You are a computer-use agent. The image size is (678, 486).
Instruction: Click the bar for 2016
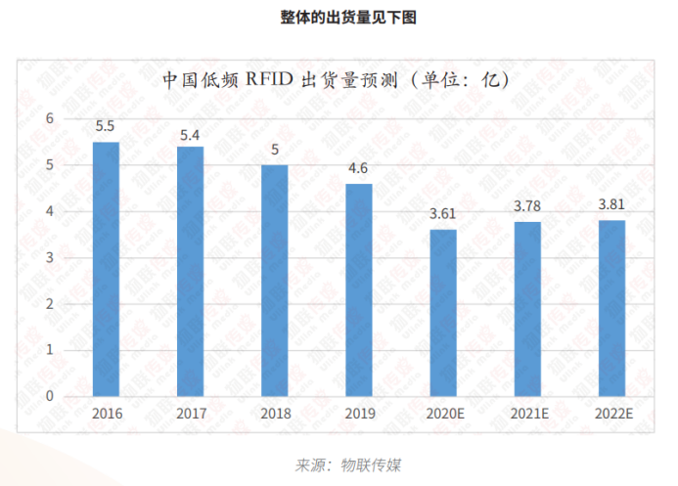tap(106, 270)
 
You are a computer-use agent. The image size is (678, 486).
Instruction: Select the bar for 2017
tap(190, 272)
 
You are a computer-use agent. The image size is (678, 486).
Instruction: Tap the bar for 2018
tap(274, 282)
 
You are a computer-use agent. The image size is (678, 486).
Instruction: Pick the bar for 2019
tap(359, 290)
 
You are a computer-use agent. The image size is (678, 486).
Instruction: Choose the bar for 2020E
tap(443, 313)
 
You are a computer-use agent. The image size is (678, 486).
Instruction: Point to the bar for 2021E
tap(527, 309)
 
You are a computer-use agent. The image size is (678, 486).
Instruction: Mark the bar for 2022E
tap(611, 309)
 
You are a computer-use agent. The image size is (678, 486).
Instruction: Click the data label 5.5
tap(106, 127)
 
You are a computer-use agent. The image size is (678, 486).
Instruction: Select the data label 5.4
tap(190, 132)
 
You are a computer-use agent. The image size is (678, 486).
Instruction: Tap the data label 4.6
tap(359, 168)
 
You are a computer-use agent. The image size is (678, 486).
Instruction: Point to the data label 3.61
tap(443, 213)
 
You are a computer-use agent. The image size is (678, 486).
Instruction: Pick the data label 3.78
tap(527, 205)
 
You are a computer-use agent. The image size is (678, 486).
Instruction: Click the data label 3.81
tap(611, 204)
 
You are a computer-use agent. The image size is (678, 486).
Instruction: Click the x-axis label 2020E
tap(443, 414)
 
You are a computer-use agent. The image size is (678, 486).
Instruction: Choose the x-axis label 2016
tap(106, 414)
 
